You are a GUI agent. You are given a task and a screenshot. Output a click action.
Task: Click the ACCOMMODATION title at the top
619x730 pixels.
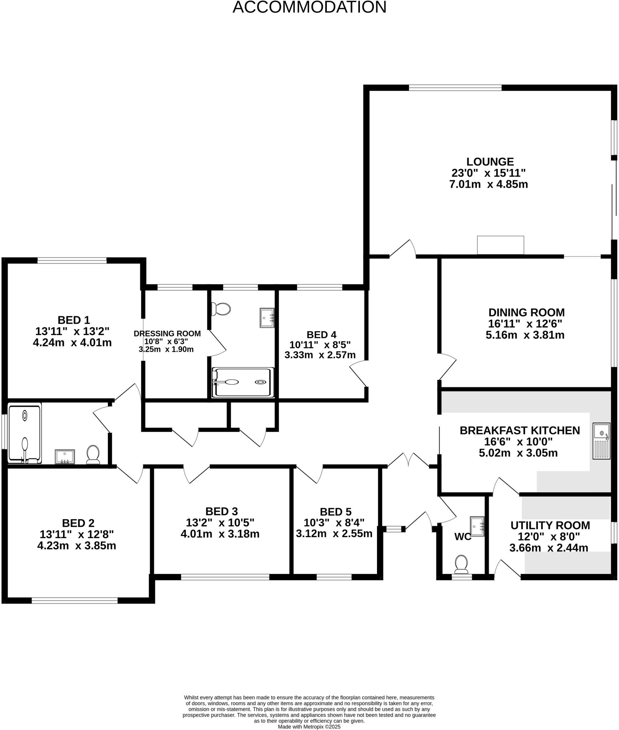pos(309,7)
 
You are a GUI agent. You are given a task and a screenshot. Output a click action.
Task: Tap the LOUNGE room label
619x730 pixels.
pos(490,162)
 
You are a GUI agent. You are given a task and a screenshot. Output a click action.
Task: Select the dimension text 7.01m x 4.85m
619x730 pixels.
pos(489,185)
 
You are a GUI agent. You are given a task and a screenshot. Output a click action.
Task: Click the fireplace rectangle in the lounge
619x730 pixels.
pos(500,245)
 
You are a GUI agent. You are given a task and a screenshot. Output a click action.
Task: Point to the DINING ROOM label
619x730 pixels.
pos(526,313)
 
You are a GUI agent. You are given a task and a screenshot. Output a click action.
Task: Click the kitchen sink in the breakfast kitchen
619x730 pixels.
pos(601,441)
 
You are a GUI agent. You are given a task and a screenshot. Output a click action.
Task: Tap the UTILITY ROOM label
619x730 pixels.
pos(550,525)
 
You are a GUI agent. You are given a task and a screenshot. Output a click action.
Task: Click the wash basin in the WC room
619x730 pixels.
pos(477,526)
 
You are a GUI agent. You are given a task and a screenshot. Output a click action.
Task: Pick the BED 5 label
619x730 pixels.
pos(335,512)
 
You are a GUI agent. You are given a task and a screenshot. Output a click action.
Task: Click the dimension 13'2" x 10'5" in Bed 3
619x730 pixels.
pos(220,523)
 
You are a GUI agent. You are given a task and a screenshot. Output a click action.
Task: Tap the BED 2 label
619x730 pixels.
pos(78,523)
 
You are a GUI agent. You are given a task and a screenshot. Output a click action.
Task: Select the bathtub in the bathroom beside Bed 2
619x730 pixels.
pos(25,433)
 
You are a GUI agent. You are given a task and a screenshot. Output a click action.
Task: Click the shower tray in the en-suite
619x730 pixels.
pos(243,382)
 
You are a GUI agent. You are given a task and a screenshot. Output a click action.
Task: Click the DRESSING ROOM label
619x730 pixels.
pos(167,334)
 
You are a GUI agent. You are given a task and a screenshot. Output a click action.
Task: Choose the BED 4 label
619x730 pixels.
pos(321,335)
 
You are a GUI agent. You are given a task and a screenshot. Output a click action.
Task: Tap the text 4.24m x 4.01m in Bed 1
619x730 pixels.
pos(72,343)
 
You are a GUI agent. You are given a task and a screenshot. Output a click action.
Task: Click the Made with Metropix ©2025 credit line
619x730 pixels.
pos(309,727)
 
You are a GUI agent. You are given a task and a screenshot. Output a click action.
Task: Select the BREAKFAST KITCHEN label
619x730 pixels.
pos(520,431)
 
